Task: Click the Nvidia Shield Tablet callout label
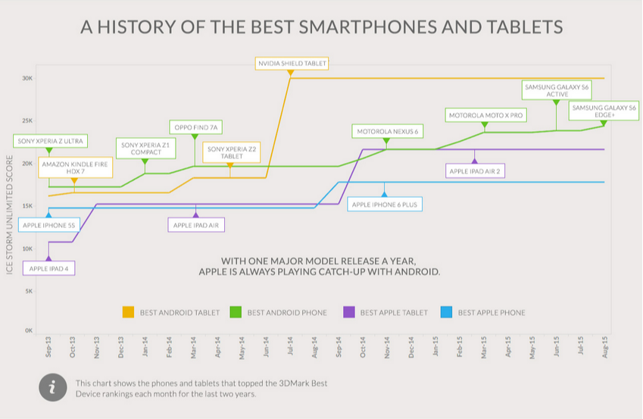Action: pyautogui.click(x=292, y=64)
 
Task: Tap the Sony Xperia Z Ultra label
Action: pyautogui.click(x=51, y=141)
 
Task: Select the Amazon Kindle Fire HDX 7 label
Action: pyautogui.click(x=74, y=167)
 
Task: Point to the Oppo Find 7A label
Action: pyautogui.click(x=194, y=127)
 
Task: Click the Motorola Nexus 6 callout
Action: pyautogui.click(x=387, y=132)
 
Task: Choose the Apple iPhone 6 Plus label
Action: pyautogui.click(x=384, y=205)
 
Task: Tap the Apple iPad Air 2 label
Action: pyautogui.click(x=475, y=171)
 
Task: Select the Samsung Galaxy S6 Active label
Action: pyautogui.click(x=556, y=91)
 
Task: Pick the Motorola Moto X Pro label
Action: pyautogui.click(x=485, y=116)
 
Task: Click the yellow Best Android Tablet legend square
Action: pyautogui.click(x=128, y=312)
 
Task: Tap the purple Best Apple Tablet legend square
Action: pyautogui.click(x=349, y=312)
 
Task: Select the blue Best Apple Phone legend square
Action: pyautogui.click(x=447, y=312)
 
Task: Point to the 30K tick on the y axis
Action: pyautogui.click(x=27, y=79)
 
